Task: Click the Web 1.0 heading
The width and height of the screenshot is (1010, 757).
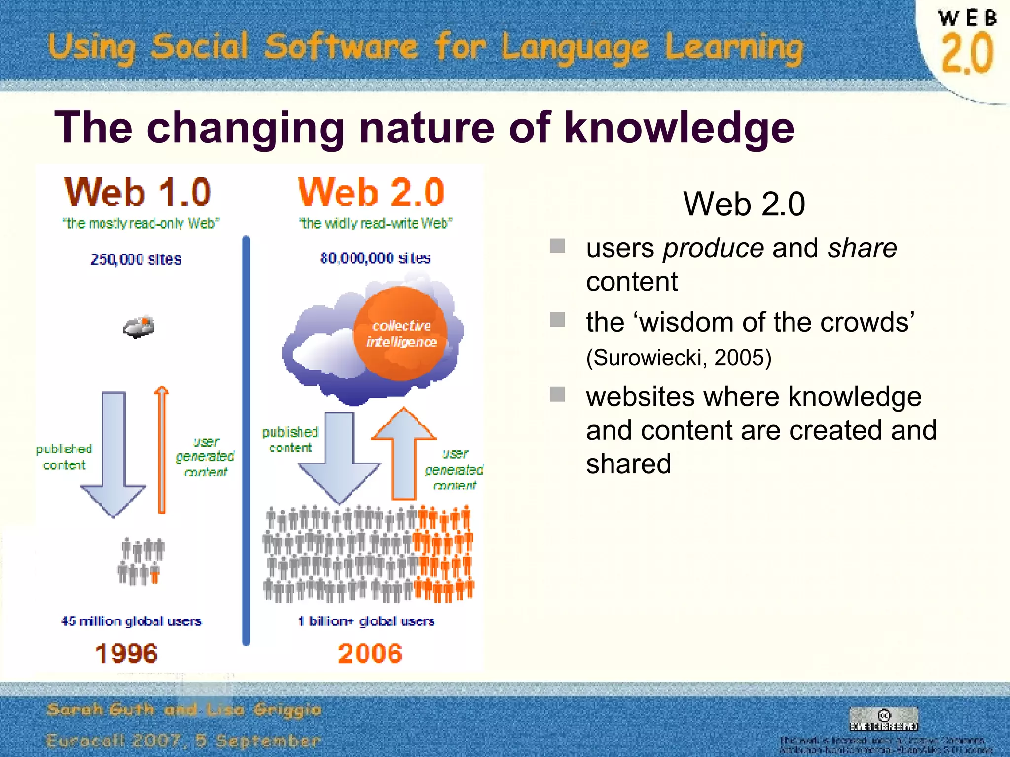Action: click(x=138, y=192)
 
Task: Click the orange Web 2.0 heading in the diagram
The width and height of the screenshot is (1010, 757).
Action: click(x=371, y=192)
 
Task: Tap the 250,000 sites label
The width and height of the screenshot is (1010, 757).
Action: click(x=136, y=259)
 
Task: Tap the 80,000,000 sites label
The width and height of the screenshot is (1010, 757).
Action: click(x=375, y=258)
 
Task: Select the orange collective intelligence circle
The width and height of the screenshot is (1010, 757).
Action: click(x=400, y=334)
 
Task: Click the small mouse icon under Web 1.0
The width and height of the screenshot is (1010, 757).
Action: click(x=139, y=327)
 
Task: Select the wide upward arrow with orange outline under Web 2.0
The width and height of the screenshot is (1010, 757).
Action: click(x=404, y=453)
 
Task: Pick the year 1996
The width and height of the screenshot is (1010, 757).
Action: click(x=126, y=654)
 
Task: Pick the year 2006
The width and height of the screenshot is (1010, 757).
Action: click(x=370, y=654)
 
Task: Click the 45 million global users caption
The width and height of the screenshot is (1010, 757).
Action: click(x=131, y=621)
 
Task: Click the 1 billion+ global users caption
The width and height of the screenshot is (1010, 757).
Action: click(x=366, y=621)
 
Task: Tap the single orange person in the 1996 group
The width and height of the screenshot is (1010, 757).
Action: click(x=155, y=575)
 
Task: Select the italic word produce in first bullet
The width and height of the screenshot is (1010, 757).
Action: click(x=713, y=248)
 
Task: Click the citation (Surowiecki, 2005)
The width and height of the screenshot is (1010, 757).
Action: click(x=679, y=357)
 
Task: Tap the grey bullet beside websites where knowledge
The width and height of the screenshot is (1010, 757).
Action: click(x=557, y=394)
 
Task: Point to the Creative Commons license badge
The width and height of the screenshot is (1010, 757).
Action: click(x=884, y=719)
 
